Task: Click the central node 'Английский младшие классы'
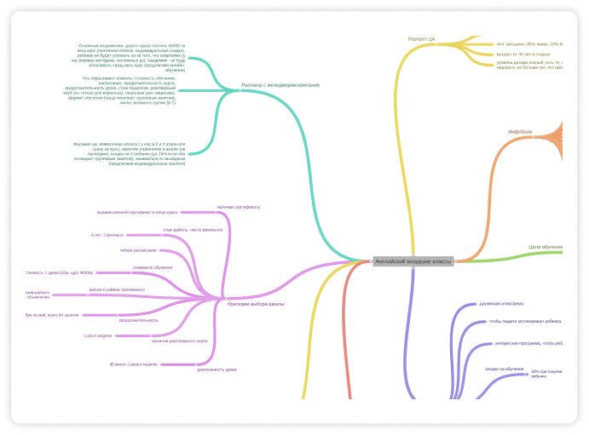(x=413, y=261)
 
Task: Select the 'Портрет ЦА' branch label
(x=421, y=39)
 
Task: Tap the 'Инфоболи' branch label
(x=520, y=132)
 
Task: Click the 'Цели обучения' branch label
(x=545, y=247)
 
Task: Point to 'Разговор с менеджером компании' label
(x=280, y=85)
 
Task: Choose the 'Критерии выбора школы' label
(x=256, y=304)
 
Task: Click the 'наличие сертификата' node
(x=239, y=207)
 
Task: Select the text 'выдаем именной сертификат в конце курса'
(x=137, y=212)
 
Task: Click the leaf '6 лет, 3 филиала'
(x=107, y=234)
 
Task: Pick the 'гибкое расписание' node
(x=138, y=250)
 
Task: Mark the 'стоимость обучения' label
(x=153, y=267)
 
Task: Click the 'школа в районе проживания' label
(x=117, y=289)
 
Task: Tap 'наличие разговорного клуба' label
(x=180, y=341)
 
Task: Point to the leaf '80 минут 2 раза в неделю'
(x=134, y=364)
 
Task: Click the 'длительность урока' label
(x=217, y=369)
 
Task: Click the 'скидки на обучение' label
(x=505, y=369)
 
